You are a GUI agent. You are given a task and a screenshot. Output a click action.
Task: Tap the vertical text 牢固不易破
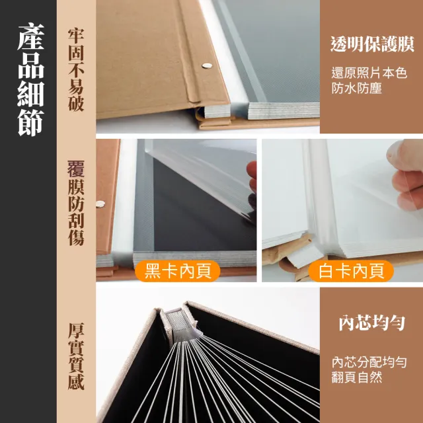75,69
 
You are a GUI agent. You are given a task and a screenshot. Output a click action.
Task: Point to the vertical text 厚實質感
75,357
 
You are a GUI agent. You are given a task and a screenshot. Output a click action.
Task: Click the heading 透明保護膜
372,44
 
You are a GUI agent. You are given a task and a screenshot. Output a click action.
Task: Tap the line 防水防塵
357,88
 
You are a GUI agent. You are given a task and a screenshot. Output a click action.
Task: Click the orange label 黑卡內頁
173,271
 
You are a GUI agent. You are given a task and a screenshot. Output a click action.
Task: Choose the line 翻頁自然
357,378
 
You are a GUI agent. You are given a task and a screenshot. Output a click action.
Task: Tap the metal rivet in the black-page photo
100,204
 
